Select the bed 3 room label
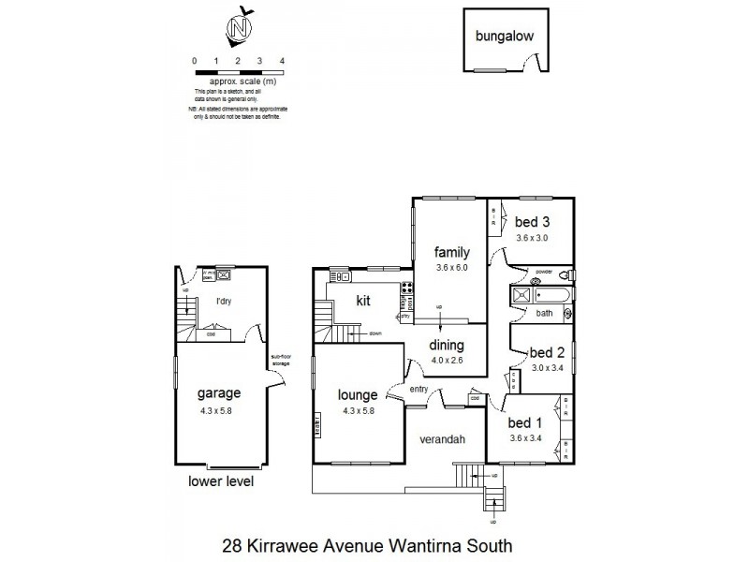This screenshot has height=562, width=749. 531,222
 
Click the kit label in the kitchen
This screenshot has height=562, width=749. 365,302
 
